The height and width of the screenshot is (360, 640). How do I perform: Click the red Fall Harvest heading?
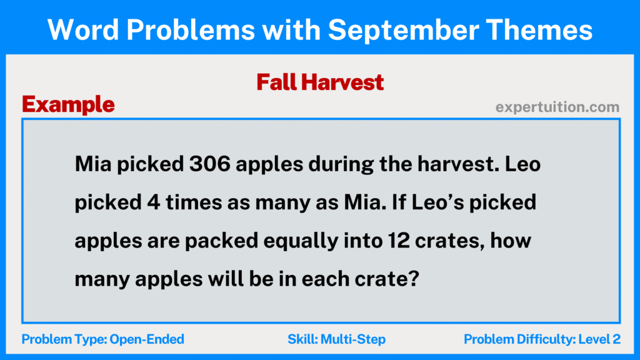click(x=320, y=82)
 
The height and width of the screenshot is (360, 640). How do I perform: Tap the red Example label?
click(x=68, y=104)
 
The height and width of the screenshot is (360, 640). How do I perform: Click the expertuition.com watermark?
click(x=557, y=107)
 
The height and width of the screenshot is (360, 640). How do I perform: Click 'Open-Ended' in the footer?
click(x=147, y=339)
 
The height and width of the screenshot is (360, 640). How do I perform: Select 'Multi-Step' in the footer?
click(x=354, y=339)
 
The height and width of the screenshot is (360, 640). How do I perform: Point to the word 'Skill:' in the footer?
click(x=303, y=339)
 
